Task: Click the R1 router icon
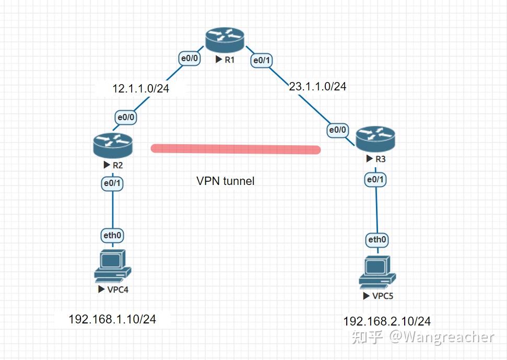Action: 225,40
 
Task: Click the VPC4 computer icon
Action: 112,266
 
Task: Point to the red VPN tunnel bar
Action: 235,149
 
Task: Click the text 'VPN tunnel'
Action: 225,181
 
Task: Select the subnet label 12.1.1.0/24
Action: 141,88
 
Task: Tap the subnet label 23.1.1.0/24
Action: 317,86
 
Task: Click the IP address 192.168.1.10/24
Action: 112,319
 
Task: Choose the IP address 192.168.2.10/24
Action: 387,321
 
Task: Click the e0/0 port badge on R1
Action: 189,59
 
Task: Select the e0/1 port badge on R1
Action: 262,61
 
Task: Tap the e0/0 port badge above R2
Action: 126,118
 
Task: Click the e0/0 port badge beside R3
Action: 337,130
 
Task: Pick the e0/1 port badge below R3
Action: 376,179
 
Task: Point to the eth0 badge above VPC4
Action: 112,235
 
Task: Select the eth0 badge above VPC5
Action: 377,240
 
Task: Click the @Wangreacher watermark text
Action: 441,337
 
